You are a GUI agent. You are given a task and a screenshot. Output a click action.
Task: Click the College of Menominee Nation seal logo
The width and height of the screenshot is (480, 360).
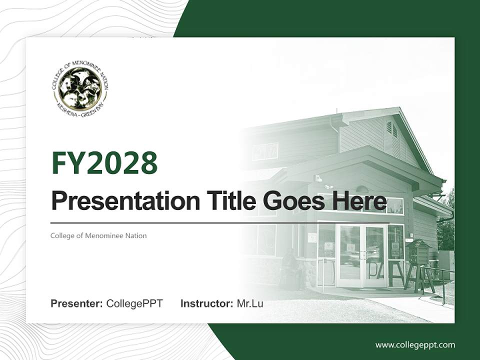pyautogui.click(x=79, y=89)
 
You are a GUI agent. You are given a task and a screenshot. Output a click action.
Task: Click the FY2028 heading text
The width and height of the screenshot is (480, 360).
pyautogui.click(x=104, y=163)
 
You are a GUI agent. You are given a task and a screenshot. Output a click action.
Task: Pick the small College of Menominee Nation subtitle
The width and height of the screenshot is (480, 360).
pyautogui.click(x=98, y=235)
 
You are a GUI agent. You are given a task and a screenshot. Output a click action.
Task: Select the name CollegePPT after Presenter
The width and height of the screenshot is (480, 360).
pyautogui.click(x=134, y=303)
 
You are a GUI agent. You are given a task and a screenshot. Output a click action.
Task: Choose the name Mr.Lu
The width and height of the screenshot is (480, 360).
pyautogui.click(x=250, y=303)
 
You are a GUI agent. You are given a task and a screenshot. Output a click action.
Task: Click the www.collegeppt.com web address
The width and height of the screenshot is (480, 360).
pyautogui.click(x=415, y=344)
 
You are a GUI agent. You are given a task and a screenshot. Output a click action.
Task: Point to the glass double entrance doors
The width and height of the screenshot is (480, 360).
pyautogui.click(x=361, y=255)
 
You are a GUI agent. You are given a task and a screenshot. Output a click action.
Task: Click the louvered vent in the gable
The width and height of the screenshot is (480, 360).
pyautogui.click(x=391, y=129)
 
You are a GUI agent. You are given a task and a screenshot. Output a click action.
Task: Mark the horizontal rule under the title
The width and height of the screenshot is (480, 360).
pyautogui.click(x=220, y=222)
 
